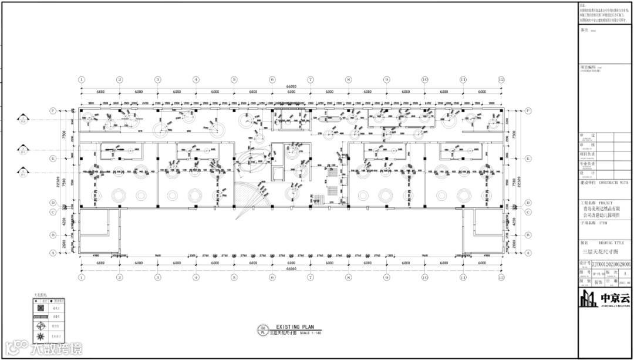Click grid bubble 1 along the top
82,79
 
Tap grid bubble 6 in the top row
272,79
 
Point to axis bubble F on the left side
53,110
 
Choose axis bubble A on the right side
528,253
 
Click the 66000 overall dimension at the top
291,86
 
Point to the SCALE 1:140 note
311,333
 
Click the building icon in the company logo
589,300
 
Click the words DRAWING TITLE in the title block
611,242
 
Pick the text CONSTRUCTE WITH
612,183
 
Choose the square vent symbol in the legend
41,307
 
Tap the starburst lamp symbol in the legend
41,337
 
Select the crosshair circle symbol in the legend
41,325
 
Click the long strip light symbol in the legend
41,316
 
